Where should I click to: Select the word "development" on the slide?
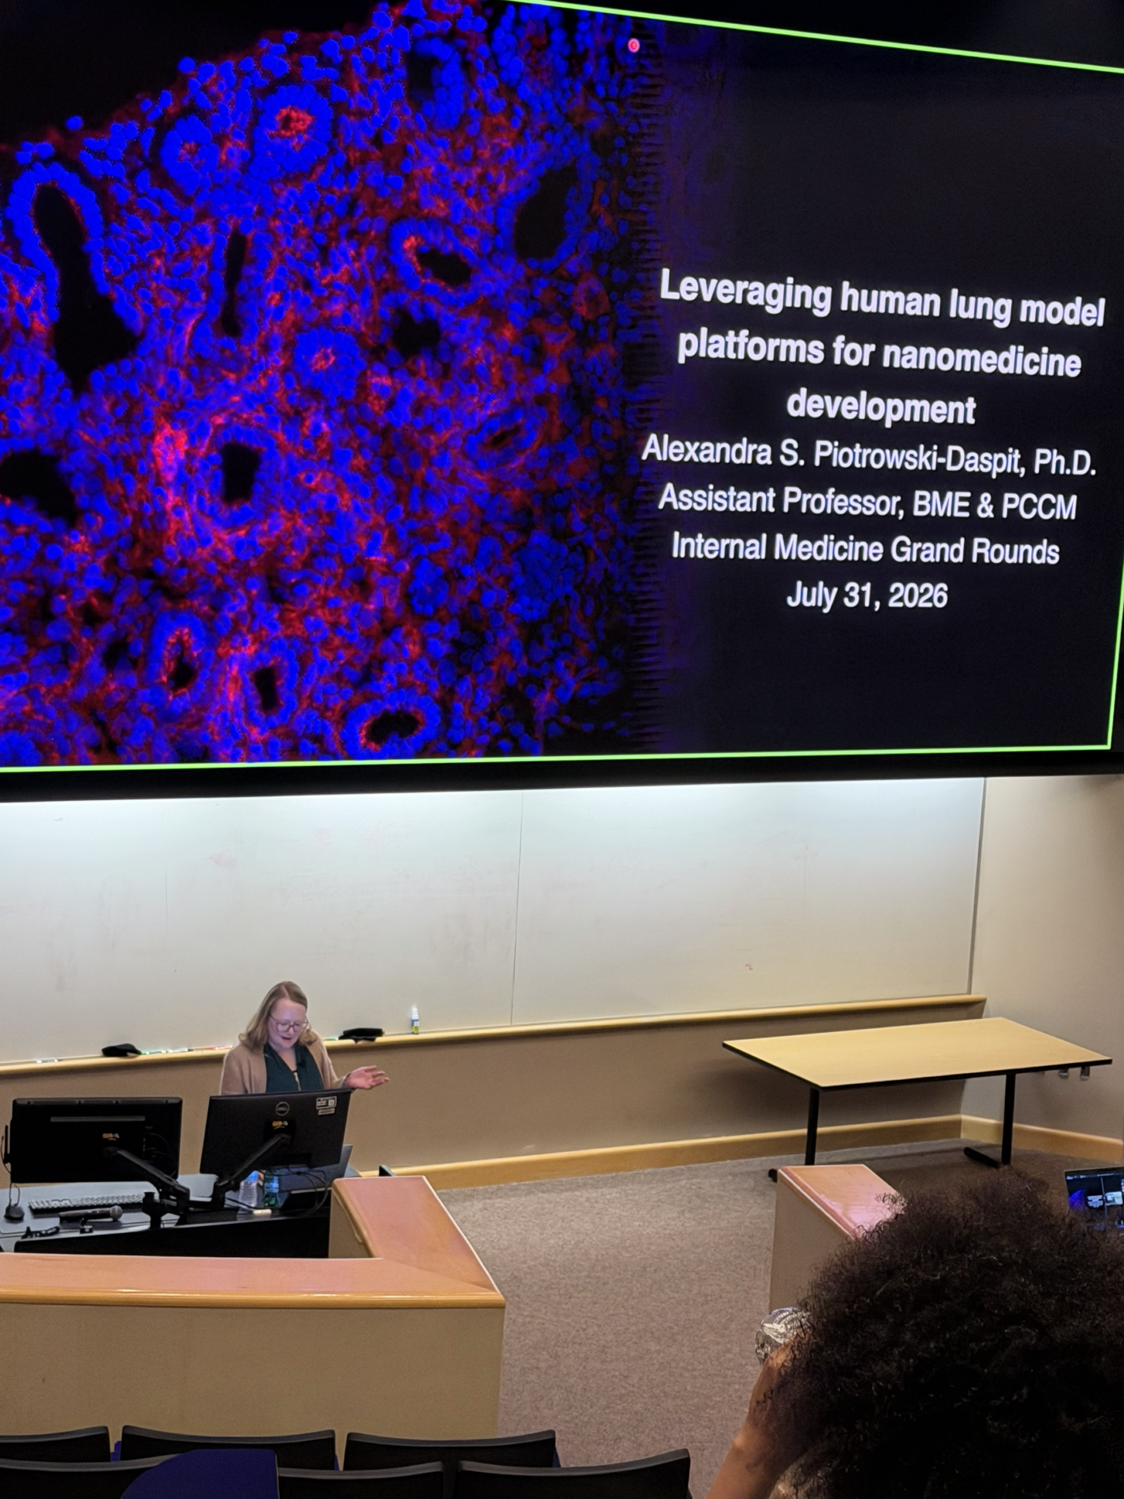coord(881,406)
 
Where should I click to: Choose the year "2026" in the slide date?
coord(917,596)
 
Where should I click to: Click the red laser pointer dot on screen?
coord(633,46)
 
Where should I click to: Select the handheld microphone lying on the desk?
coord(91,1214)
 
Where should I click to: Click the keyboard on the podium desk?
coord(87,1201)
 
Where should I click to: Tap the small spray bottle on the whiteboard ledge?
coord(414,1020)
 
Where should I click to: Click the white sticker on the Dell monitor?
coord(327,1103)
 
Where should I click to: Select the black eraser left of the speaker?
coord(121,1050)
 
